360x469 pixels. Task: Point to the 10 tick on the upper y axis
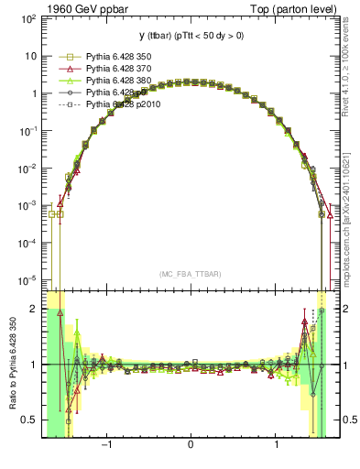(31, 55)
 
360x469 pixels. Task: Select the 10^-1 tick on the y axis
(27, 130)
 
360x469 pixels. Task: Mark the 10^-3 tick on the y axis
(27, 205)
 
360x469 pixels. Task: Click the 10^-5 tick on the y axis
(27, 279)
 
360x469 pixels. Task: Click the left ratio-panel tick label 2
(34, 310)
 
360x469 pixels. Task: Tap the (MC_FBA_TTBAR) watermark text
(190, 273)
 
